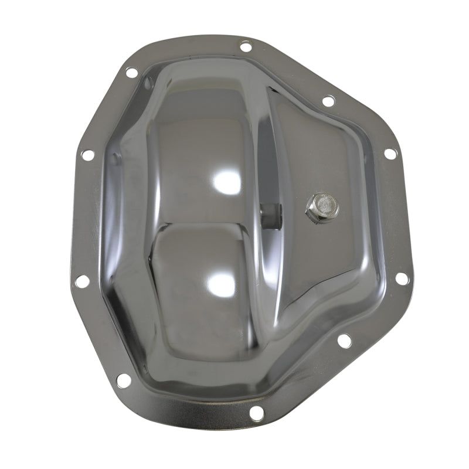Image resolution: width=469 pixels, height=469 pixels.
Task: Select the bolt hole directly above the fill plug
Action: (328, 101)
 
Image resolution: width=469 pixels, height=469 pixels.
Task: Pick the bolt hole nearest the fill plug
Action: (390, 154)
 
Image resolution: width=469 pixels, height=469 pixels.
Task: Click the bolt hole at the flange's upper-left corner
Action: (131, 73)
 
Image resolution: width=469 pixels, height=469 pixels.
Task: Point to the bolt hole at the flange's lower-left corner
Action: (123, 380)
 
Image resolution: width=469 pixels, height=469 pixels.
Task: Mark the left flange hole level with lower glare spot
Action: (83, 281)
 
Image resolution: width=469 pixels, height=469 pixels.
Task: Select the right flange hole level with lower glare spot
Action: (402, 278)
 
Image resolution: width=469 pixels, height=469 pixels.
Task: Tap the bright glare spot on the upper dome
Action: (225, 182)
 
